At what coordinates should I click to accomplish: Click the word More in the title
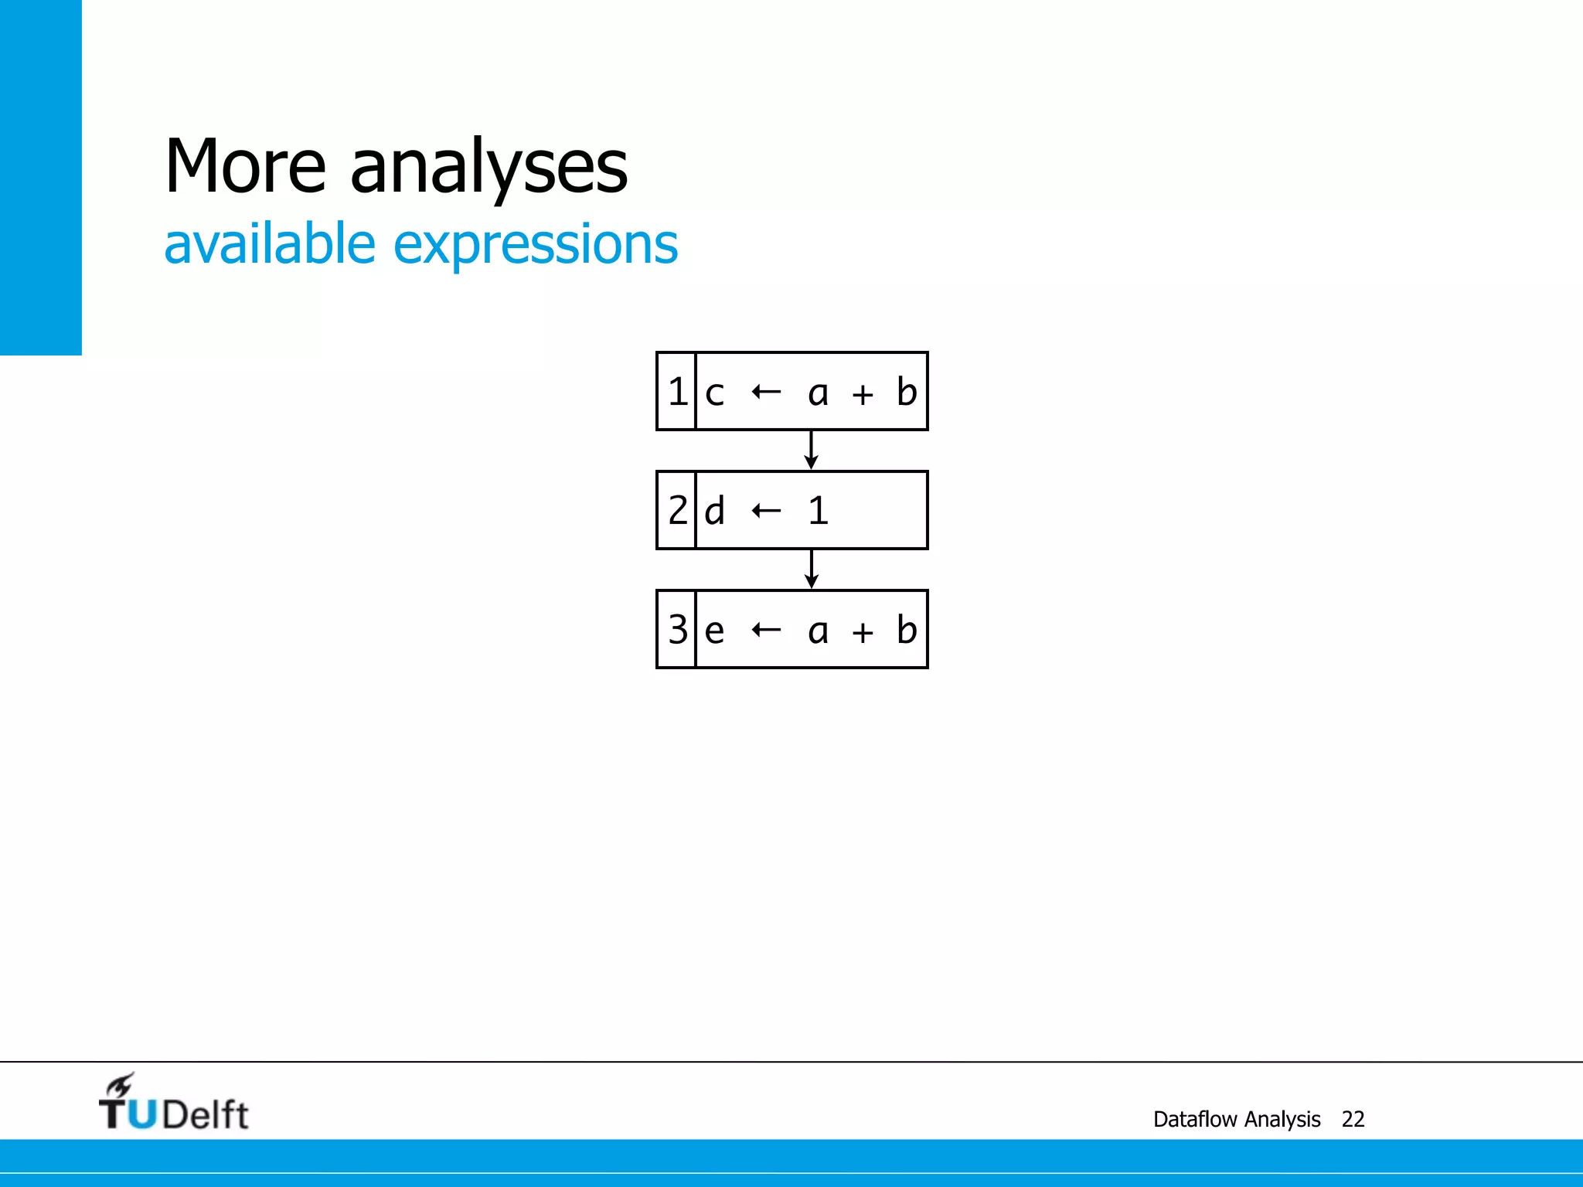245,166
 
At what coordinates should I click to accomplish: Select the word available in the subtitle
270,244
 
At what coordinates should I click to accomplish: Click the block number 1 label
677,392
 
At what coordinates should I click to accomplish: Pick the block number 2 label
677,511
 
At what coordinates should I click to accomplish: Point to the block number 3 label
677,630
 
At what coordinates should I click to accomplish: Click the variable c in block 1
714,394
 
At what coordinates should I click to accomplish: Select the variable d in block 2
714,511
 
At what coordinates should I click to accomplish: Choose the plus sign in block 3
863,633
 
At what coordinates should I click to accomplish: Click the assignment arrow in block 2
766,511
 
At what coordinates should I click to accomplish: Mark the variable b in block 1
906,392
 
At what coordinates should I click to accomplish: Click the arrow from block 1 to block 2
811,451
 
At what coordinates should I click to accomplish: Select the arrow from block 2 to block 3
811,570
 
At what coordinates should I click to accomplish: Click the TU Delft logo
174,1104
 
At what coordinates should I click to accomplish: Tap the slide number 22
1353,1119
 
